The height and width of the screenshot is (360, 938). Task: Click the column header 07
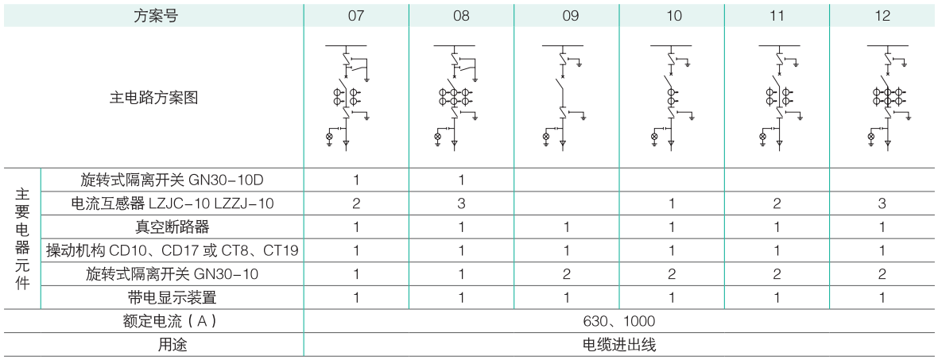[356, 16]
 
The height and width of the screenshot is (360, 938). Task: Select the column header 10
[673, 16]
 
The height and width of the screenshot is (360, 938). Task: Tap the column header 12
[882, 16]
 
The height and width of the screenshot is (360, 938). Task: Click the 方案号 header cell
[155, 16]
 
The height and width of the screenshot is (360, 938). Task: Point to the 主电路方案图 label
[153, 98]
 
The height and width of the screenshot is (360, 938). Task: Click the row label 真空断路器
[172, 226]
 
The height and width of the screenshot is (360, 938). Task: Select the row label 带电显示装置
[172, 297]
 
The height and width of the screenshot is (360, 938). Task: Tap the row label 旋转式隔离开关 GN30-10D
[172, 180]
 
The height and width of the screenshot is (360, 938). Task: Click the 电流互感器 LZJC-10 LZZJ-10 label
[172, 203]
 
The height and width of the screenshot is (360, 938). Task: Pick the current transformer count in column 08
[461, 203]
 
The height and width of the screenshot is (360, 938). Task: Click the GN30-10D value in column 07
[356, 180]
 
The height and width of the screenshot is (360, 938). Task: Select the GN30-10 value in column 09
[567, 274]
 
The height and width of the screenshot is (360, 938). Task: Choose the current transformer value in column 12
[882, 203]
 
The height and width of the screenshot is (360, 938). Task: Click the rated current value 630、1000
[619, 321]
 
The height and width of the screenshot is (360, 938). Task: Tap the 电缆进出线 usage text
[619, 344]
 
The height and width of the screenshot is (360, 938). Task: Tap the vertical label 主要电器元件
[22, 238]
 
